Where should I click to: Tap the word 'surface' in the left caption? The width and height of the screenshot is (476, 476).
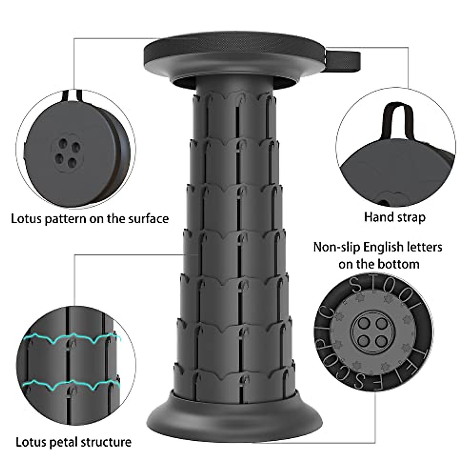(x=148, y=219)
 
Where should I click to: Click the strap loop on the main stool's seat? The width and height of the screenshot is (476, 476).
(x=344, y=60)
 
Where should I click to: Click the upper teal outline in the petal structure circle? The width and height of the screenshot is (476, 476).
(x=71, y=339)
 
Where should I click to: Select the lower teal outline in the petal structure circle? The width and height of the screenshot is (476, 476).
(x=71, y=384)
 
